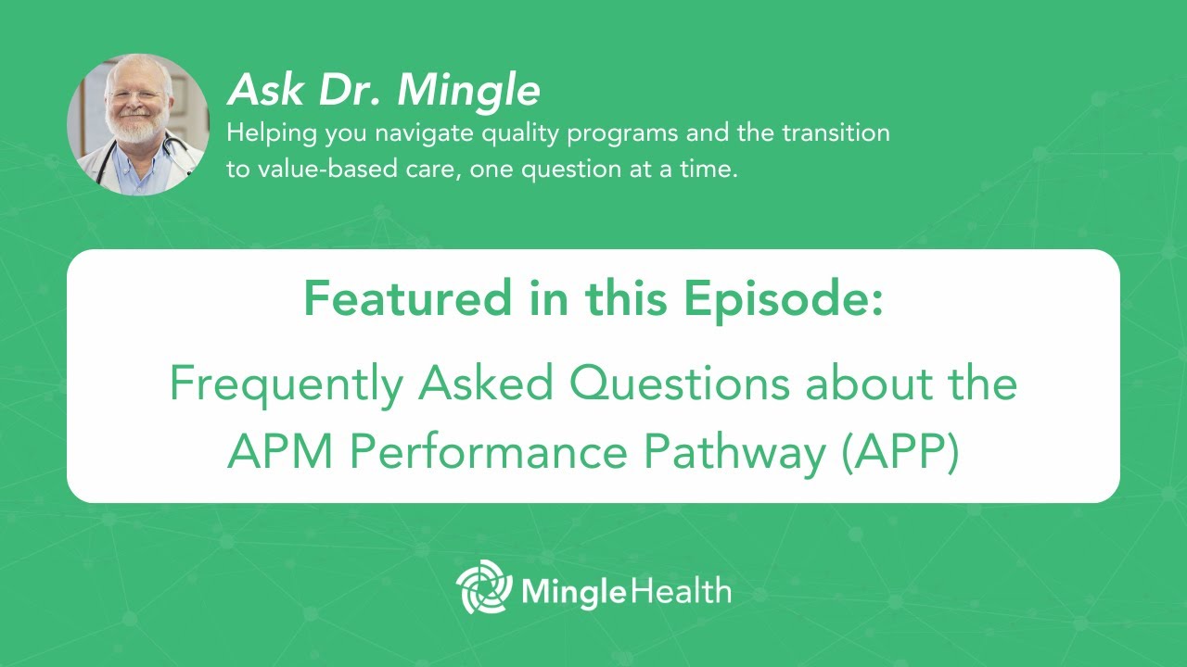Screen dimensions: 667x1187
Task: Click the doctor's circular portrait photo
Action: pos(138,124)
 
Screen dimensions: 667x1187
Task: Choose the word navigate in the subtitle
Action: pos(369,133)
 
